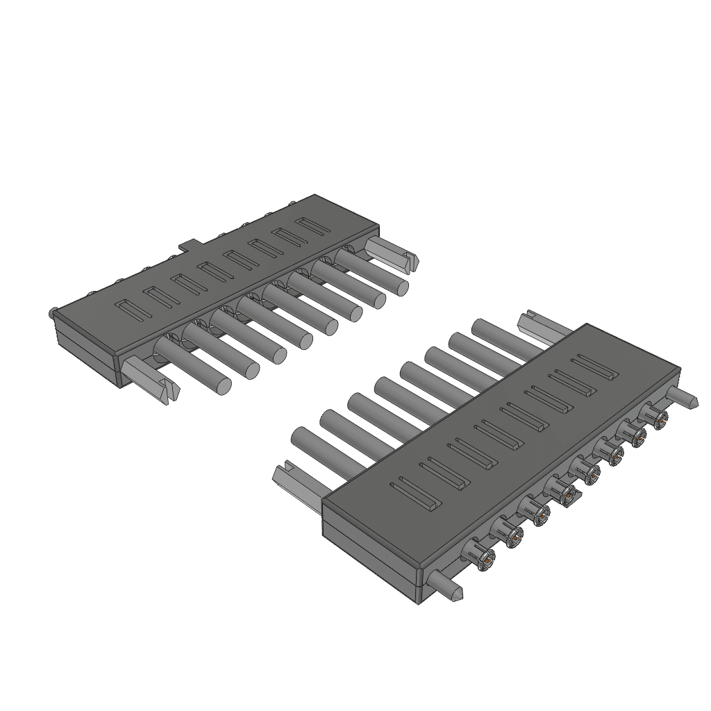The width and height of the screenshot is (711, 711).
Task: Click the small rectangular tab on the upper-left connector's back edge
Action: point(189,244)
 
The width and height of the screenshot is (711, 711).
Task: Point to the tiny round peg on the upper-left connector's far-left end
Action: point(53,312)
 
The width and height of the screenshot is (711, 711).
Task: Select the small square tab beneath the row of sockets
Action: point(569,496)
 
